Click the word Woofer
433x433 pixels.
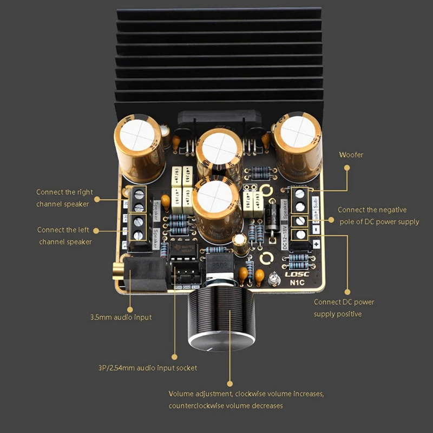[351, 155]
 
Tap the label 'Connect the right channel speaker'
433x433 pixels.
[64, 198]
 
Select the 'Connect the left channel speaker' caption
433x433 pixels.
[64, 235]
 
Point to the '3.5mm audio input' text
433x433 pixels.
[121, 317]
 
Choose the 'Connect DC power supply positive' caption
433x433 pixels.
[344, 308]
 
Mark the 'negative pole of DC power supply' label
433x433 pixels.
[378, 215]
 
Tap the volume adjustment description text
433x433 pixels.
[246, 399]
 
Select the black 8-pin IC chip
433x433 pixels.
[182, 250]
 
